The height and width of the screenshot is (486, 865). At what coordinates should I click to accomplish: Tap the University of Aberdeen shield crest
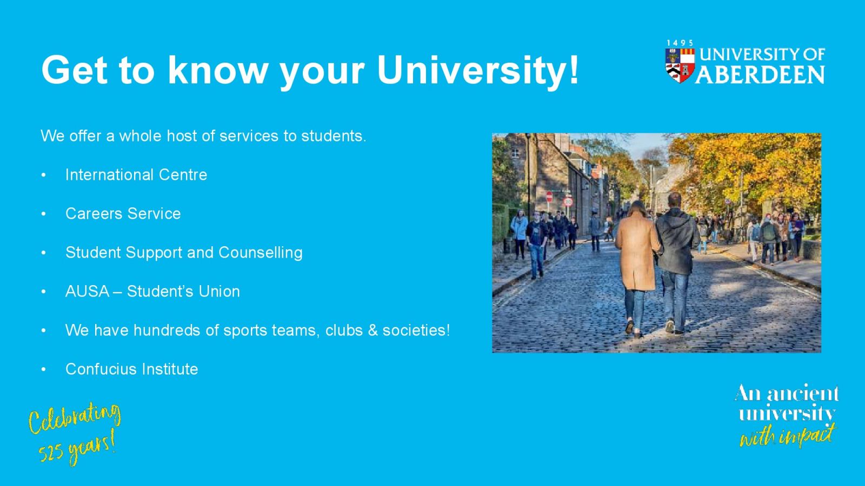coord(680,65)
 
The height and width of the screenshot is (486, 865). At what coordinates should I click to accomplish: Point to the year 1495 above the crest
coord(680,43)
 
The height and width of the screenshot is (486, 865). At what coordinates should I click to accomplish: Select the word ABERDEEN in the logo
coord(760,75)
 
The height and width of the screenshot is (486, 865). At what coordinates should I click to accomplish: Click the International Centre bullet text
coord(136,175)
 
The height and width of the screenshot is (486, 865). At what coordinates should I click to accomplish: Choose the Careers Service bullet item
coord(123,214)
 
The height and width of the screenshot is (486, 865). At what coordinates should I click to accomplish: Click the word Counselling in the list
coord(260,253)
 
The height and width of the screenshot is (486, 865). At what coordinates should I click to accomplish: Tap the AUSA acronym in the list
coord(87,291)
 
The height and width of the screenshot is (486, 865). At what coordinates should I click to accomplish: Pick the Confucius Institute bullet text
coord(132,369)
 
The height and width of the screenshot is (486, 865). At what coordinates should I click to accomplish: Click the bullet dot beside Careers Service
coord(43,214)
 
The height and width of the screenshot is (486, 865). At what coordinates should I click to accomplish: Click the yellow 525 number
coord(51,454)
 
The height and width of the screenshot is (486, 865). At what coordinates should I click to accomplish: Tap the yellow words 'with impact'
coord(787,435)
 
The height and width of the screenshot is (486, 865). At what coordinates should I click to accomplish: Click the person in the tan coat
coord(637,266)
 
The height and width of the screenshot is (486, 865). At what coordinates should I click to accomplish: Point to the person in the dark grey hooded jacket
coord(676,262)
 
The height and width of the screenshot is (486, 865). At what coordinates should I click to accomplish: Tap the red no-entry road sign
coord(549,197)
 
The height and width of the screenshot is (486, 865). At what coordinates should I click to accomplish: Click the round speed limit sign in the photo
coord(568,201)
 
